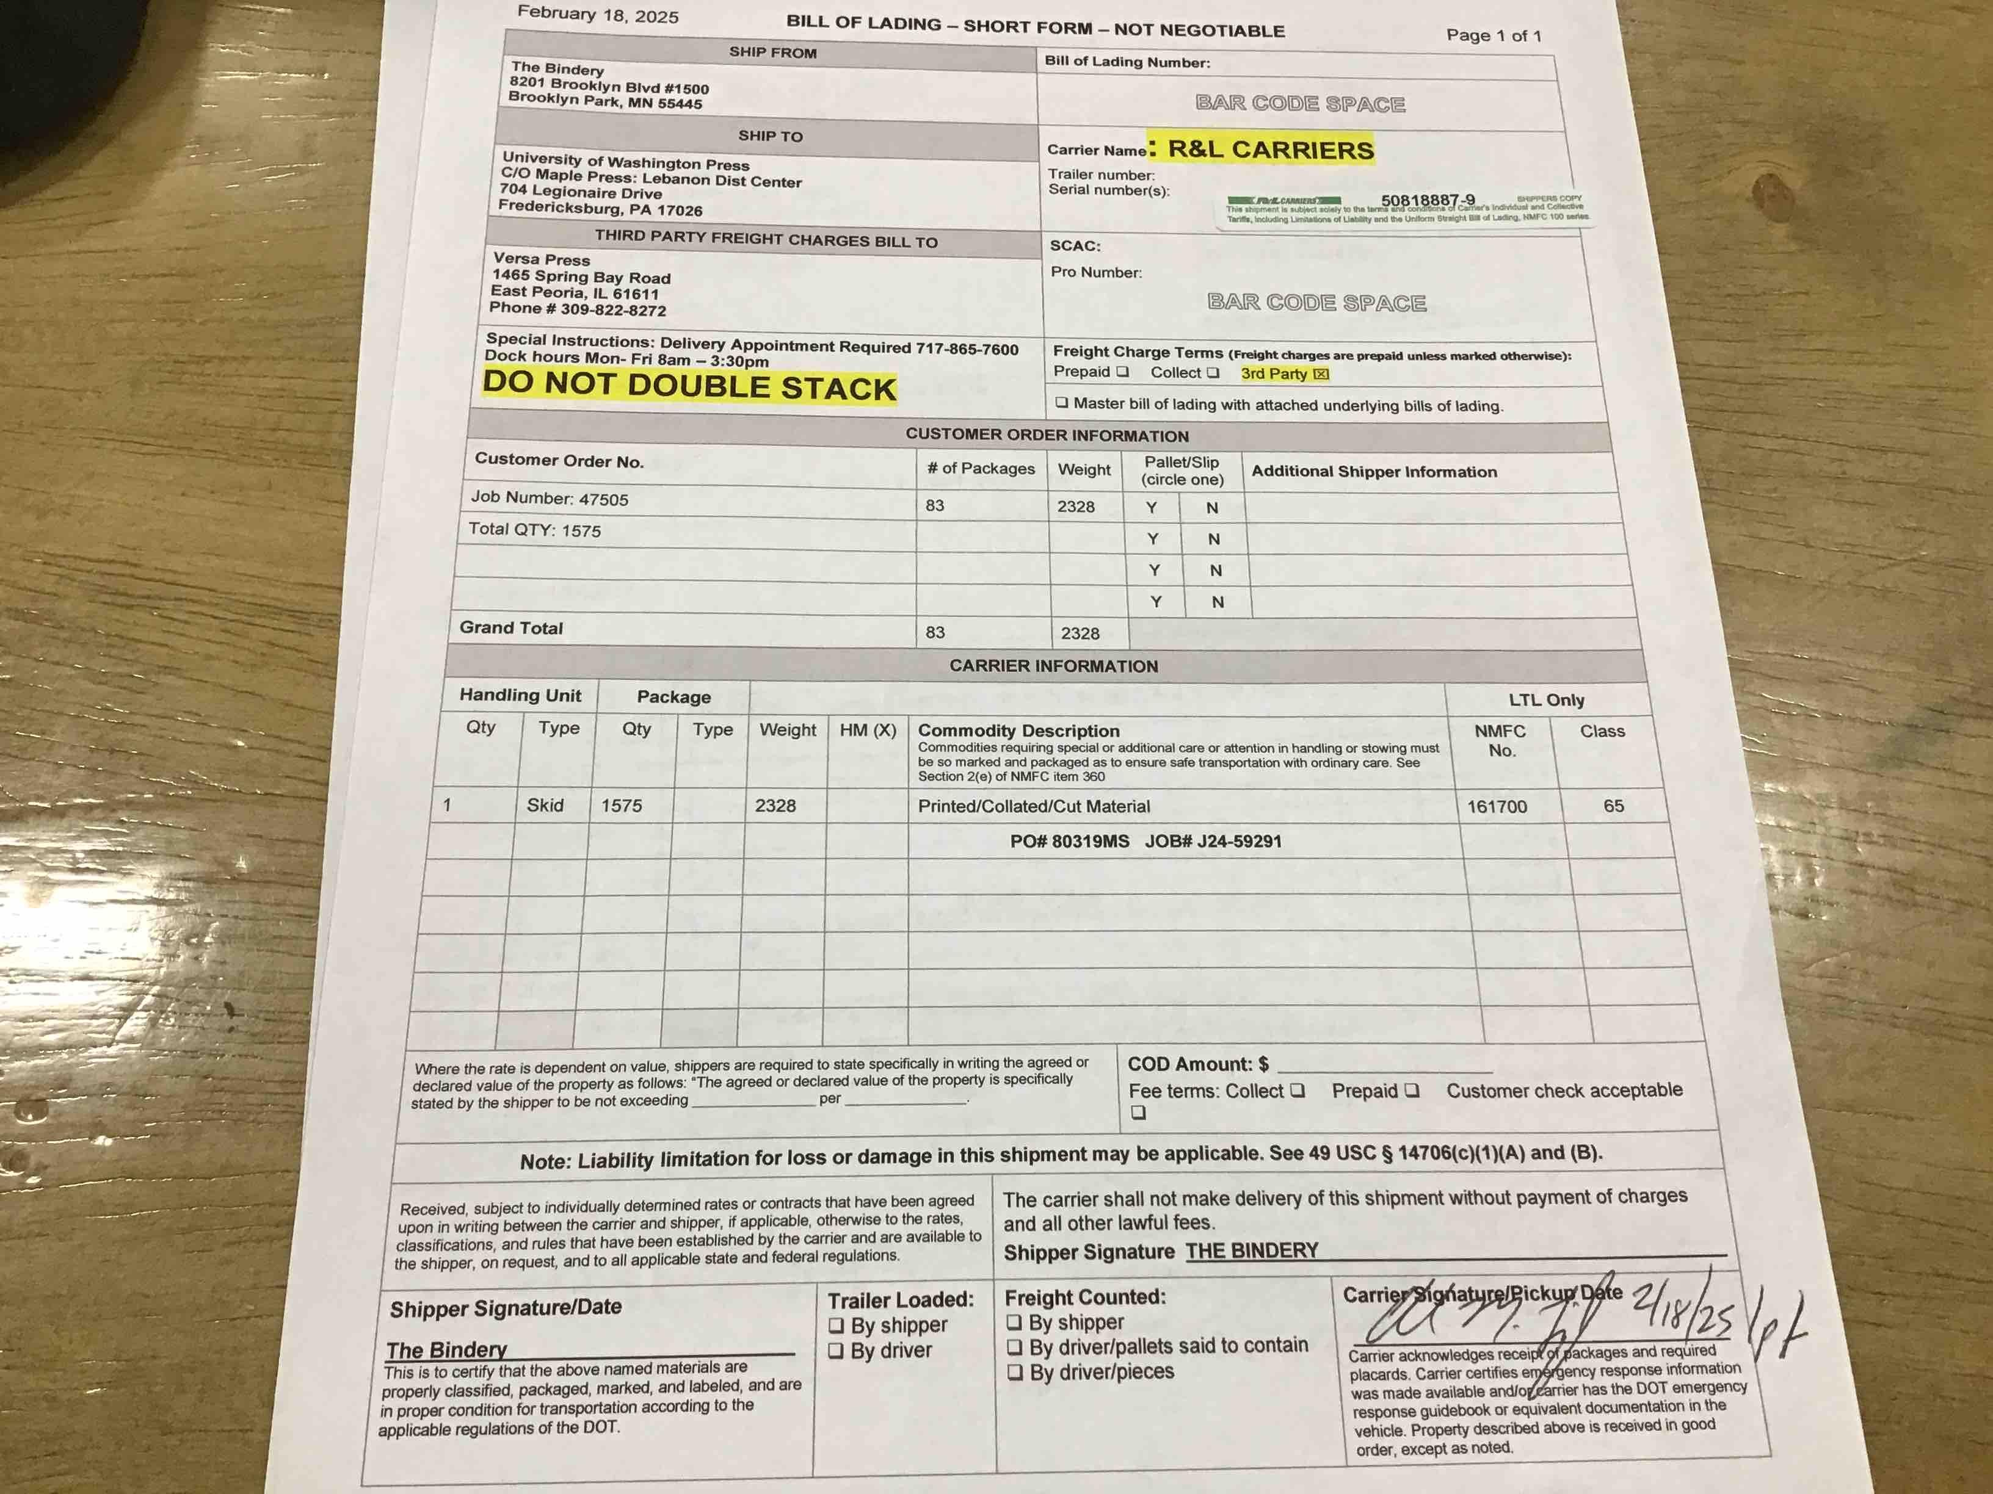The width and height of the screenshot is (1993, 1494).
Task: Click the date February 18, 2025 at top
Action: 597,15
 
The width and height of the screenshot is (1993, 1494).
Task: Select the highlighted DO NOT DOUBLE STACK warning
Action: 689,386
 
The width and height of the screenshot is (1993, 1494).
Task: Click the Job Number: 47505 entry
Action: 549,498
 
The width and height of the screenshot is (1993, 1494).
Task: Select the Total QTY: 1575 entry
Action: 534,530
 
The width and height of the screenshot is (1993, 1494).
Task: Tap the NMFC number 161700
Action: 1497,807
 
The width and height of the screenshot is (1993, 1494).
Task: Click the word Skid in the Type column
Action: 545,805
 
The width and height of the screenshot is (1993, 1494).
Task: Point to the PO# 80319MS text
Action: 1069,841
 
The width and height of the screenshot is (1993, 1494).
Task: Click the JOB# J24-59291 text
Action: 1213,841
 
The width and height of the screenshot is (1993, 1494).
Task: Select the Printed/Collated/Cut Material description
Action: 1033,807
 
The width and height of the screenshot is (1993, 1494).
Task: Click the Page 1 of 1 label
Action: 1493,35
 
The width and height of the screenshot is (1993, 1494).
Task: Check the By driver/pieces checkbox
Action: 1015,1373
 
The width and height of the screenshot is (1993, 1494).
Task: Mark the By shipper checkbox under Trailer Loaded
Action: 836,1326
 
